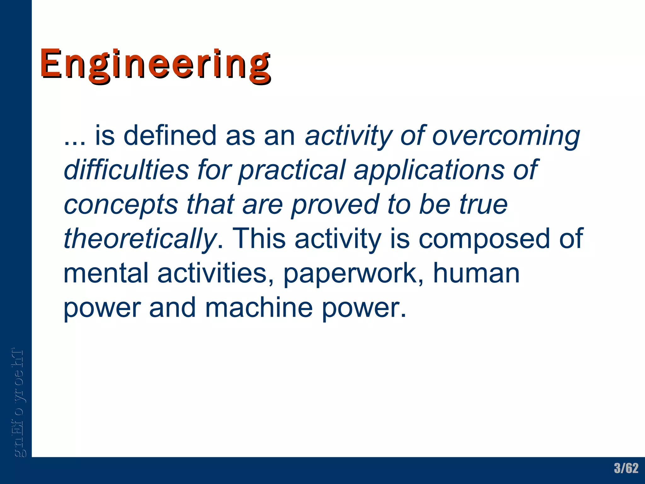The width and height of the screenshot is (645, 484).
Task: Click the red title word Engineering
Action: pos(155,65)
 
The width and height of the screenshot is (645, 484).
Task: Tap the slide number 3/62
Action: pos(626,468)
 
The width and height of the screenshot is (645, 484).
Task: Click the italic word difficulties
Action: pos(126,170)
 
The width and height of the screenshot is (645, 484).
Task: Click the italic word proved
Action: pos(335,205)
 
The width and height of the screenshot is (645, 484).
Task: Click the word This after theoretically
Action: pos(259,239)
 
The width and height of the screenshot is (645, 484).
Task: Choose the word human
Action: pos(476,273)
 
